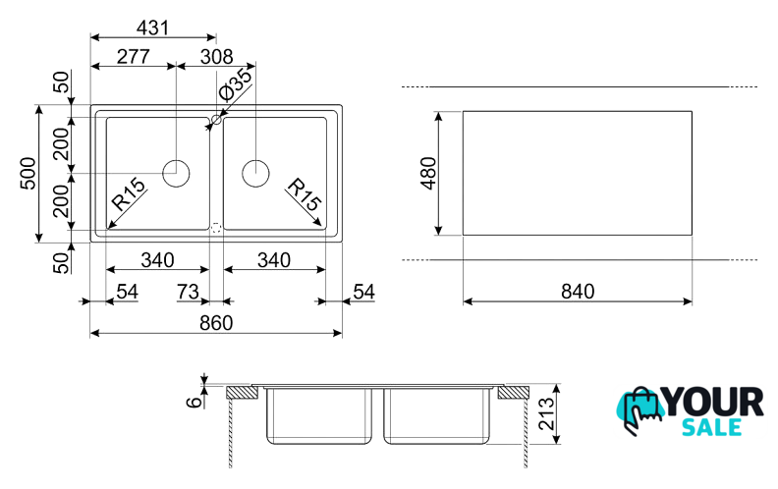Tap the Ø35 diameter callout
[236, 86]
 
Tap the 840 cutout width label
[577, 291]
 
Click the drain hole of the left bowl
[176, 173]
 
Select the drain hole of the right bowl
[255, 173]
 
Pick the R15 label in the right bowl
[304, 195]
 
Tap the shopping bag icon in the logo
[639, 410]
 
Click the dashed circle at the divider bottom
[215, 226]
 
